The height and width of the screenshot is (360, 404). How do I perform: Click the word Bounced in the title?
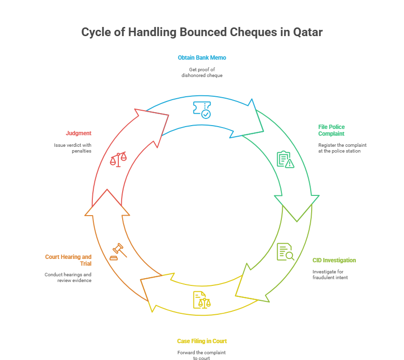click(203, 32)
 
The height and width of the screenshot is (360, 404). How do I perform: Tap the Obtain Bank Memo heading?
click(202, 58)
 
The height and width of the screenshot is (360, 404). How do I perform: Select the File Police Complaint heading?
click(331, 130)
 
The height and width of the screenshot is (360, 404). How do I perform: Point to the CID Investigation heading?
click(334, 260)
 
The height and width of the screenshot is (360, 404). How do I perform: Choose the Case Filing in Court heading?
click(202, 341)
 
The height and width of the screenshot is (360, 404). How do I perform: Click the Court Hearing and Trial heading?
click(68, 260)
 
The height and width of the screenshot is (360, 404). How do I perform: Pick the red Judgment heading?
click(78, 133)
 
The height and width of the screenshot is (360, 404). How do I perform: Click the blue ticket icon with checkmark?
click(202, 109)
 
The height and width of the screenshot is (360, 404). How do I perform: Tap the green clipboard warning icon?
click(285, 159)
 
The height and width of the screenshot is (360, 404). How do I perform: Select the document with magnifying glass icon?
click(285, 252)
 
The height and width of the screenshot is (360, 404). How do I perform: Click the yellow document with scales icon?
click(202, 300)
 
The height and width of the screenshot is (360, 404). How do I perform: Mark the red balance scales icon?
click(119, 159)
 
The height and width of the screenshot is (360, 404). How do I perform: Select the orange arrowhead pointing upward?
click(107, 205)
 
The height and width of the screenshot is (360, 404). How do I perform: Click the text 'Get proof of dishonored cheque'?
click(202, 73)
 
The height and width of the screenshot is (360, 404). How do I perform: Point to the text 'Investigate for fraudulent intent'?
click(329, 274)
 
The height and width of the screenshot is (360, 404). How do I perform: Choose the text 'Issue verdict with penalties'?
click(73, 148)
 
